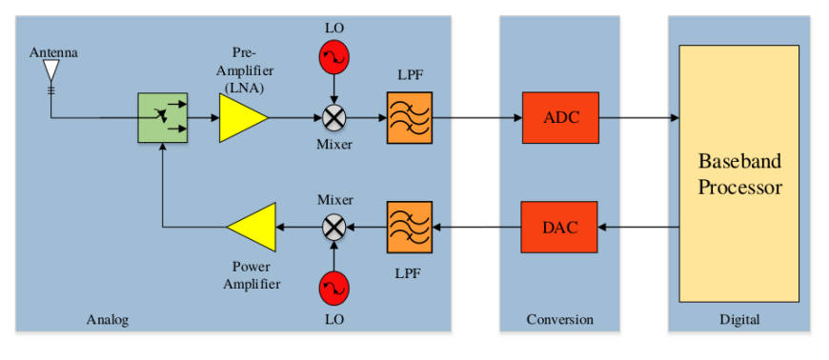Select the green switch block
(x=163, y=118)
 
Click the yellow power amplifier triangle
(x=252, y=228)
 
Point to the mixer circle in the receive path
(x=334, y=118)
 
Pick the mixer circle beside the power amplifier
(x=334, y=228)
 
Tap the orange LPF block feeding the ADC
(x=409, y=118)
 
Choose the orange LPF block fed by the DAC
(x=409, y=228)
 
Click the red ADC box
(x=560, y=118)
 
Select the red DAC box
(x=559, y=228)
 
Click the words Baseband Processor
(x=739, y=174)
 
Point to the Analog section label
(x=108, y=320)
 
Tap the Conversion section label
(x=560, y=320)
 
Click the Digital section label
(x=739, y=320)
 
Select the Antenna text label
(x=53, y=52)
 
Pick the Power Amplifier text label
(x=252, y=276)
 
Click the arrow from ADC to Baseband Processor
(x=638, y=118)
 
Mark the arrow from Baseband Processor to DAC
(x=638, y=228)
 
